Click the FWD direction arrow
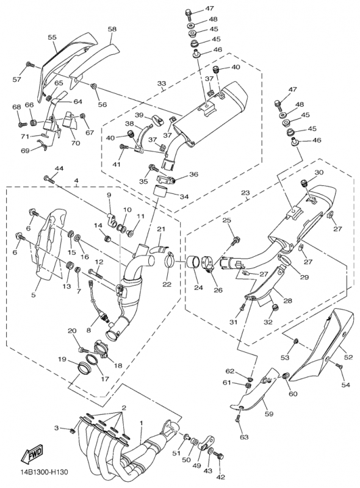(32, 454)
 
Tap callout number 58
(112, 29)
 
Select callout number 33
(162, 84)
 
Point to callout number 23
(246, 193)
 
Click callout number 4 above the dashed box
(76, 181)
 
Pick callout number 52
(348, 357)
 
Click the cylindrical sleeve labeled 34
(161, 191)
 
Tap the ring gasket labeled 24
(193, 262)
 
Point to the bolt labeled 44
(51, 179)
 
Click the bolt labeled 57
(31, 65)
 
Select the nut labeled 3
(73, 431)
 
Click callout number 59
(268, 414)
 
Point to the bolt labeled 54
(339, 366)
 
